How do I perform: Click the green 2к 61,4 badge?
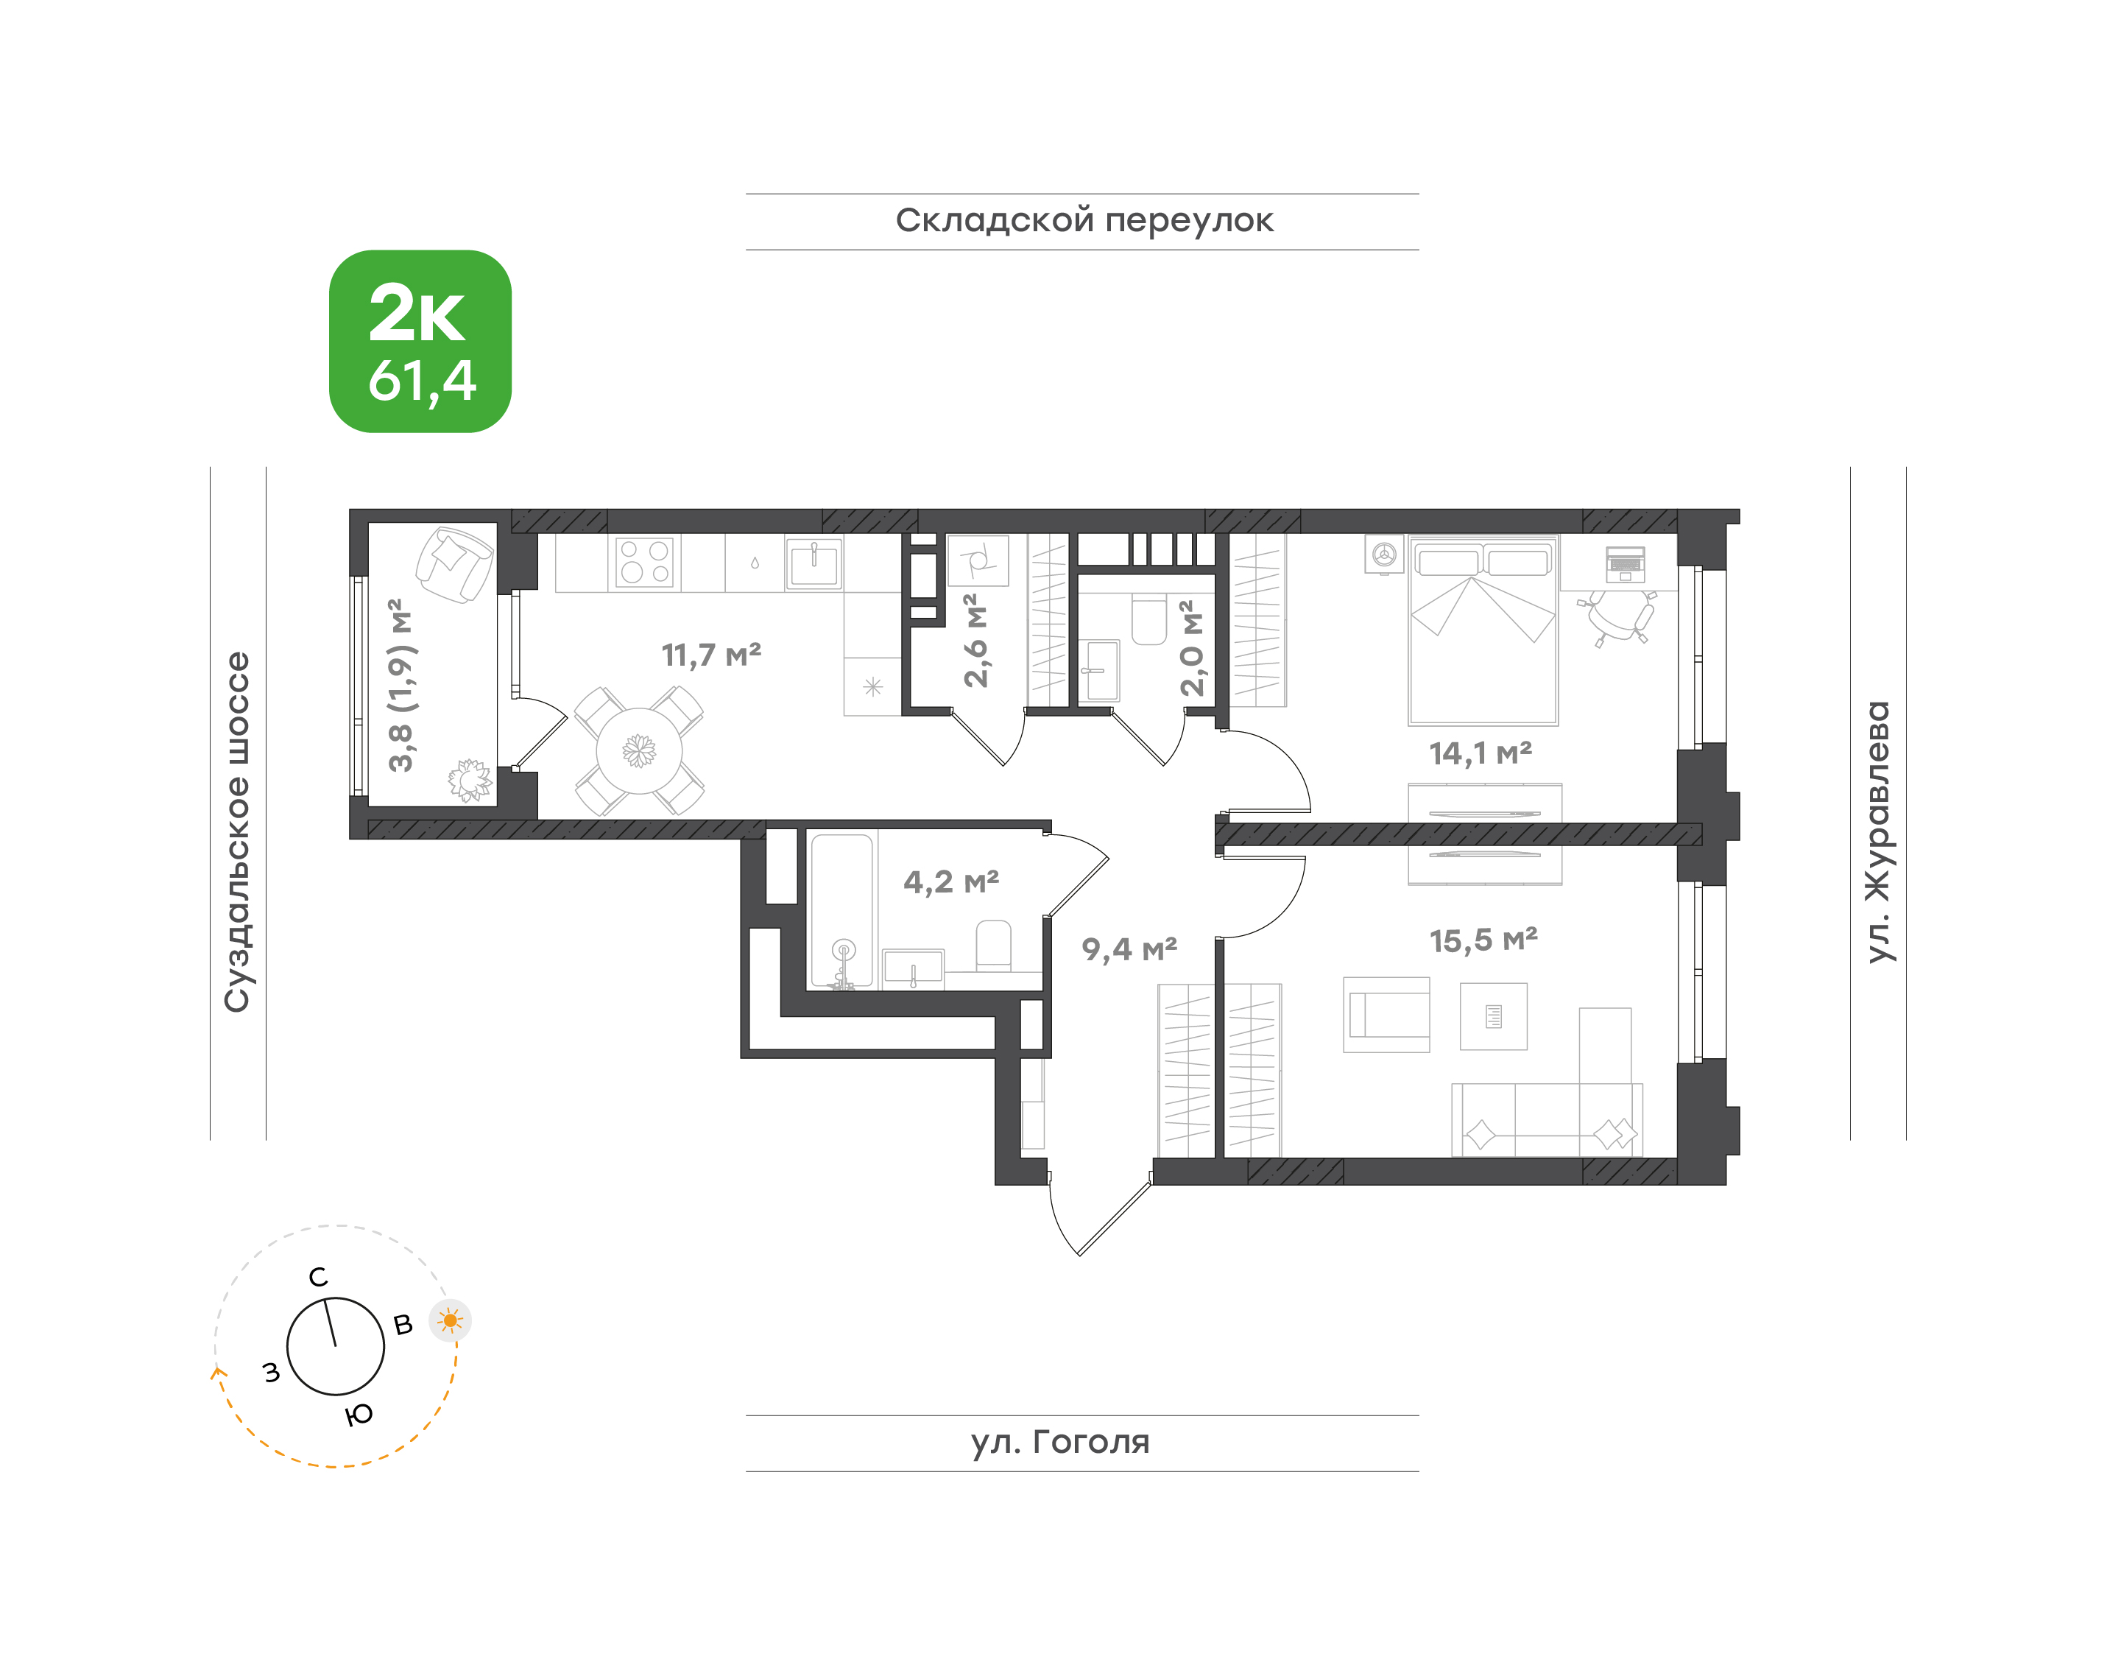(420, 341)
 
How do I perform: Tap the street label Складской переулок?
(1084, 221)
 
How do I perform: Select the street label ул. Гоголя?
(1060, 1442)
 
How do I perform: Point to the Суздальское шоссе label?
(237, 831)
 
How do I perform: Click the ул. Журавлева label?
(1877, 831)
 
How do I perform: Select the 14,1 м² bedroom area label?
(1481, 753)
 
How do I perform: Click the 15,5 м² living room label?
(1483, 940)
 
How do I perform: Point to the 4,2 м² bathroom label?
(951, 881)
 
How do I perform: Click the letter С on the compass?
(319, 1277)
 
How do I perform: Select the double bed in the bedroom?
(1483, 630)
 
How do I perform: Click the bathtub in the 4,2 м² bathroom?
(842, 909)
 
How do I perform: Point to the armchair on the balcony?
(454, 564)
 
